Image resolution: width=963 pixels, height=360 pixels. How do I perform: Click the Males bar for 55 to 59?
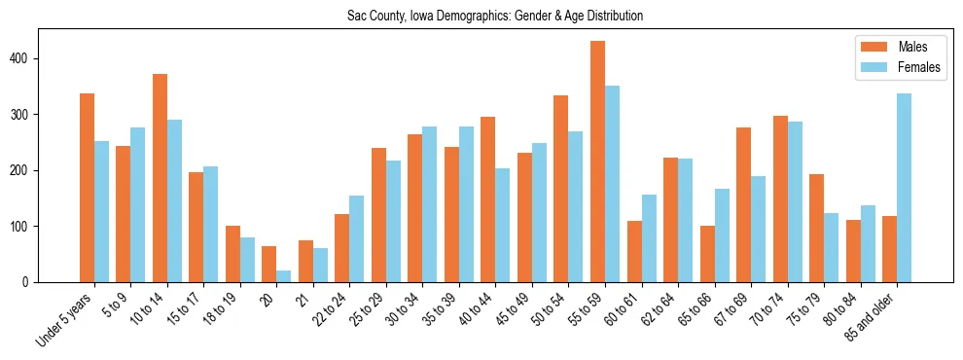click(598, 162)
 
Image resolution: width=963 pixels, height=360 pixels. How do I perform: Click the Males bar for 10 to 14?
click(160, 178)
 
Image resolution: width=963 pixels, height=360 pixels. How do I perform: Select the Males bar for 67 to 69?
click(744, 204)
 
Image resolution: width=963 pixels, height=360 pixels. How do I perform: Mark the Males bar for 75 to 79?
click(817, 229)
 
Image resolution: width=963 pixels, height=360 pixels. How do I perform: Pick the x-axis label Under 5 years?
click(66, 319)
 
